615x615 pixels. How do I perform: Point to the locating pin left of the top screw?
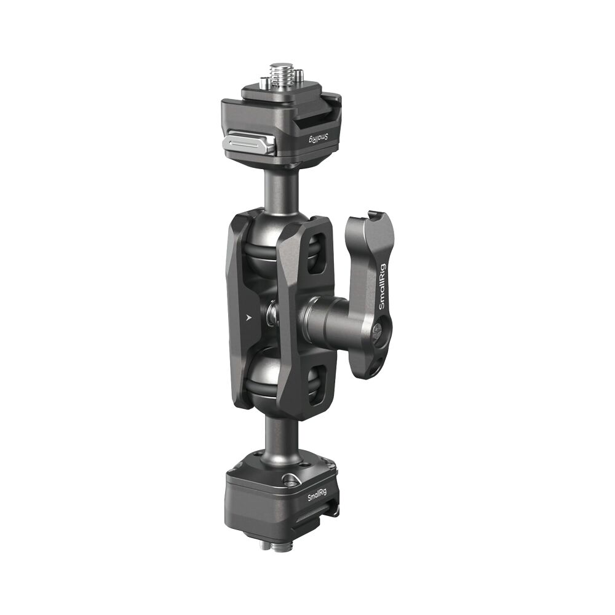click(264, 82)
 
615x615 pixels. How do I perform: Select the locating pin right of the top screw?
click(299, 77)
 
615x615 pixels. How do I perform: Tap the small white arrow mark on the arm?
click(248, 318)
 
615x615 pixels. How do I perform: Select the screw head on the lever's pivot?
click(379, 332)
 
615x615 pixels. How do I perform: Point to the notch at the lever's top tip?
click(370, 215)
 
